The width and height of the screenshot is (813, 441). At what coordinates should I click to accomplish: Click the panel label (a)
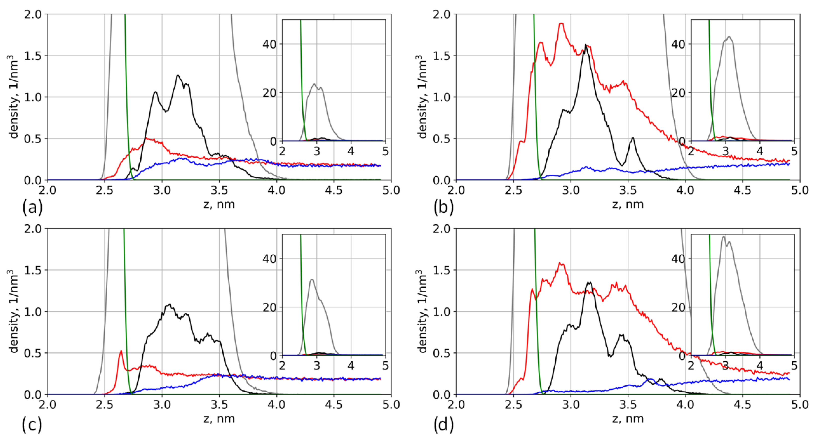[32, 208]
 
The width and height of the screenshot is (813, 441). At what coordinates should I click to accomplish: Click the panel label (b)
[444, 208]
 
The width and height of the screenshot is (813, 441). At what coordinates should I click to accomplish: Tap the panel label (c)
[32, 425]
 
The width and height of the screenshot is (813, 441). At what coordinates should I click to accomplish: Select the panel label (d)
[444, 425]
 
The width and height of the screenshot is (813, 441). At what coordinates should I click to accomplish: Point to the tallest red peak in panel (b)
[561, 23]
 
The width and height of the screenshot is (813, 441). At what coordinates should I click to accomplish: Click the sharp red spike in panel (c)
[121, 351]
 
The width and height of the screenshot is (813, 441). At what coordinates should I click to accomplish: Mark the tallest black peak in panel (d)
[589, 283]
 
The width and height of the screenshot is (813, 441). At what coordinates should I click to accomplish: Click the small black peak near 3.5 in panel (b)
[632, 138]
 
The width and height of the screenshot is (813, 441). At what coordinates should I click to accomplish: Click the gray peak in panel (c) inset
[312, 280]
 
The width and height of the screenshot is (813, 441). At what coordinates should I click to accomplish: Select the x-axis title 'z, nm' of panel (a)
[219, 204]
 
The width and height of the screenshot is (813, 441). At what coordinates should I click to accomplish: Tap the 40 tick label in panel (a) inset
[269, 44]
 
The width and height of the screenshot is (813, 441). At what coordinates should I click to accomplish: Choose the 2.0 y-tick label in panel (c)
[33, 229]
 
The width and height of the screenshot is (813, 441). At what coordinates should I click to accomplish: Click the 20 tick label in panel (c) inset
[269, 307]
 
